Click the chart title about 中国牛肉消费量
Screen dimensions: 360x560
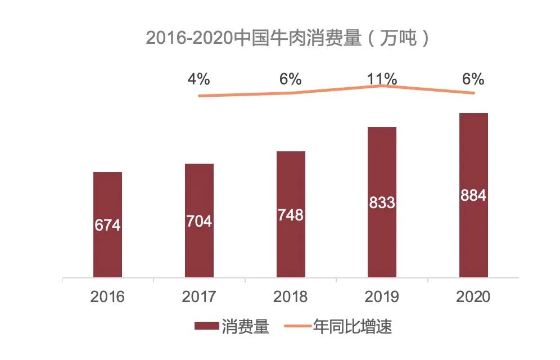pyautogui.click(x=287, y=38)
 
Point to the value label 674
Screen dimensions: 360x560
pyautogui.click(x=107, y=225)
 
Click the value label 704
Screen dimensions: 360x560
pyautogui.click(x=199, y=221)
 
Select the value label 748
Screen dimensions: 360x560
pyautogui.click(x=291, y=215)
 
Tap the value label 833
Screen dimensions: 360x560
pyautogui.click(x=382, y=202)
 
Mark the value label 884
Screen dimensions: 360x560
pyautogui.click(x=473, y=196)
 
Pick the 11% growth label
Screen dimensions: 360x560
pyautogui.click(x=382, y=79)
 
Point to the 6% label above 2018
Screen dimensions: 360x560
pyautogui.click(x=291, y=79)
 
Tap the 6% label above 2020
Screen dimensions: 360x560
pyautogui.click(x=473, y=79)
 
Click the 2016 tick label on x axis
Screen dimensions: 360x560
pyautogui.click(x=107, y=296)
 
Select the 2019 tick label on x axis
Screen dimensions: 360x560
pyautogui.click(x=382, y=296)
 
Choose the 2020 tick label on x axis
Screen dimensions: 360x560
pyautogui.click(x=473, y=296)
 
